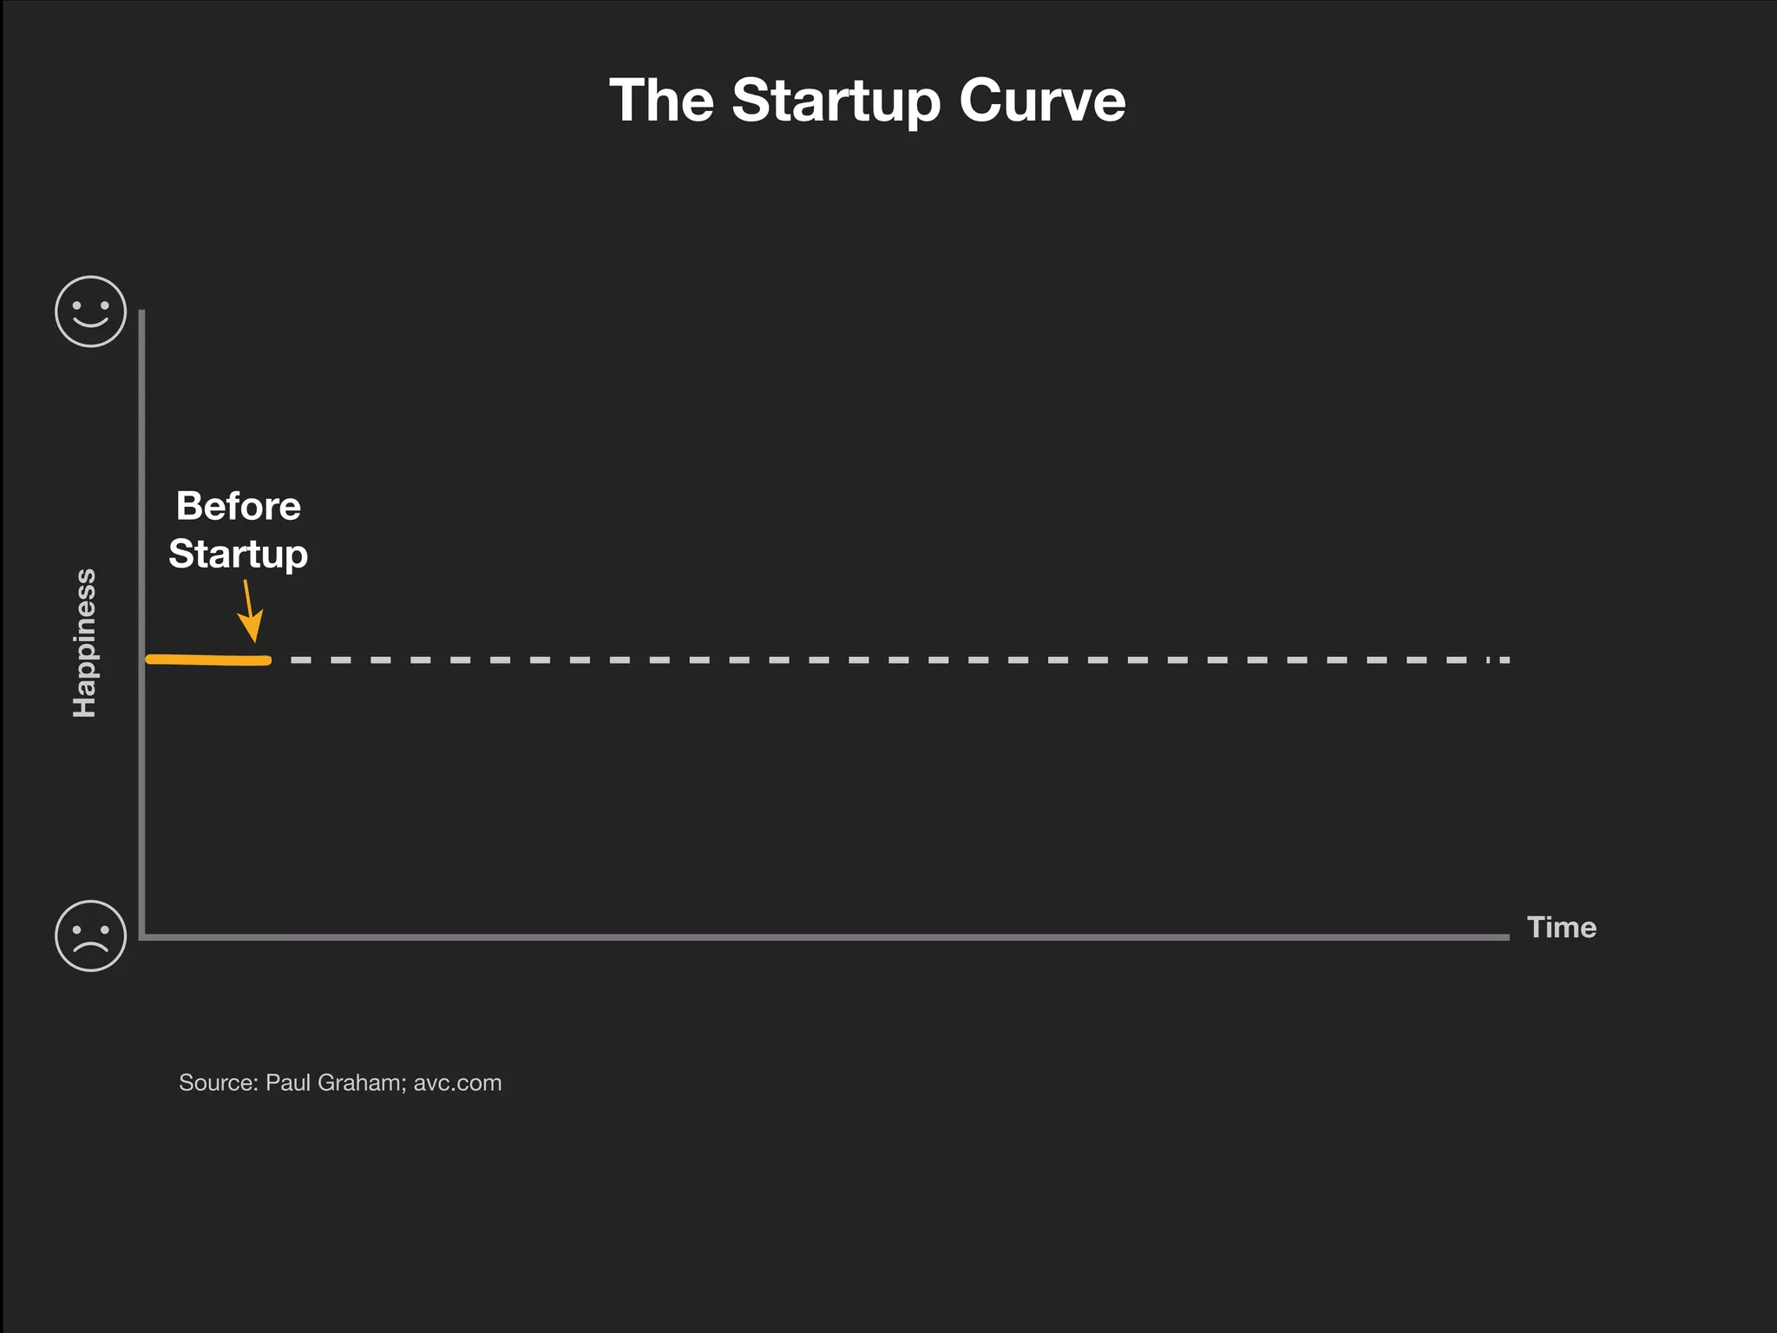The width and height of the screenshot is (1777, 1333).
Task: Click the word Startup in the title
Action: point(836,102)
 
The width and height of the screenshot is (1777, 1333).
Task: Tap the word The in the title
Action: point(661,102)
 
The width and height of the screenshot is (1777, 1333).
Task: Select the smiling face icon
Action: point(91,312)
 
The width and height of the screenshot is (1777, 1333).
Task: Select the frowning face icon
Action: point(91,936)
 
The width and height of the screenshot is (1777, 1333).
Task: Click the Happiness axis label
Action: point(84,643)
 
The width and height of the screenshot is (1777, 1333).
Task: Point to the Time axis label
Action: point(1561,927)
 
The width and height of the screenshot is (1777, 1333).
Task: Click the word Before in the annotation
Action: point(238,506)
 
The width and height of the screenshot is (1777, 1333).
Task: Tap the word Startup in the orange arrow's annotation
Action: point(238,555)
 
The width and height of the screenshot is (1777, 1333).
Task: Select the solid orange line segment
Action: point(208,660)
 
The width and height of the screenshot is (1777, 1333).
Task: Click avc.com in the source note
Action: point(457,1083)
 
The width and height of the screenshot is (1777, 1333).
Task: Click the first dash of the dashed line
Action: point(300,660)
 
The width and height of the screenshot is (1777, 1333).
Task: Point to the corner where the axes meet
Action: point(141,936)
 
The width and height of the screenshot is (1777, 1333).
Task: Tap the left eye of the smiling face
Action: point(77,305)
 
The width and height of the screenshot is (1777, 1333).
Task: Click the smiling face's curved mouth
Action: point(91,323)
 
